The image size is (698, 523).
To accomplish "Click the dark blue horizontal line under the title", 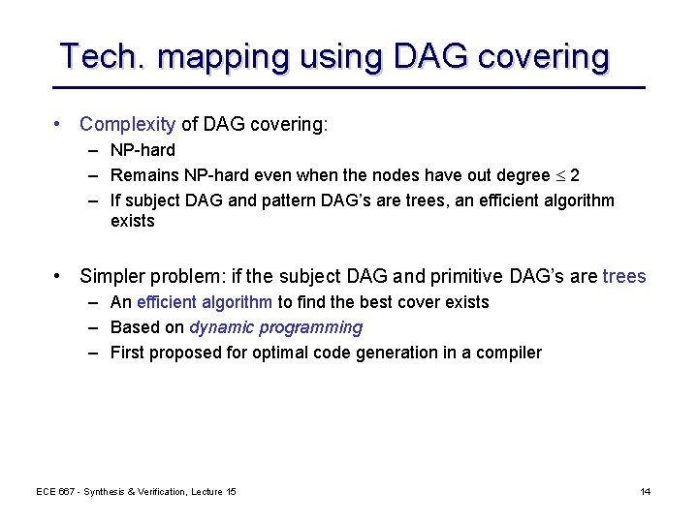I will coord(349,88).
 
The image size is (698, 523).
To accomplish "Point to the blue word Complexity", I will coord(127,124).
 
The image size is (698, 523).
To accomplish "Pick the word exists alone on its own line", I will coord(133,221).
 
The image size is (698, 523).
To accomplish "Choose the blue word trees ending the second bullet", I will coord(623,276).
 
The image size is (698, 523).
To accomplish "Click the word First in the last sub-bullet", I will coord(127,353).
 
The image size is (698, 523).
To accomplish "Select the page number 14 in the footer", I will coord(645,492).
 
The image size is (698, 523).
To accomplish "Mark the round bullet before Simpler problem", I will coord(60,276).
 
